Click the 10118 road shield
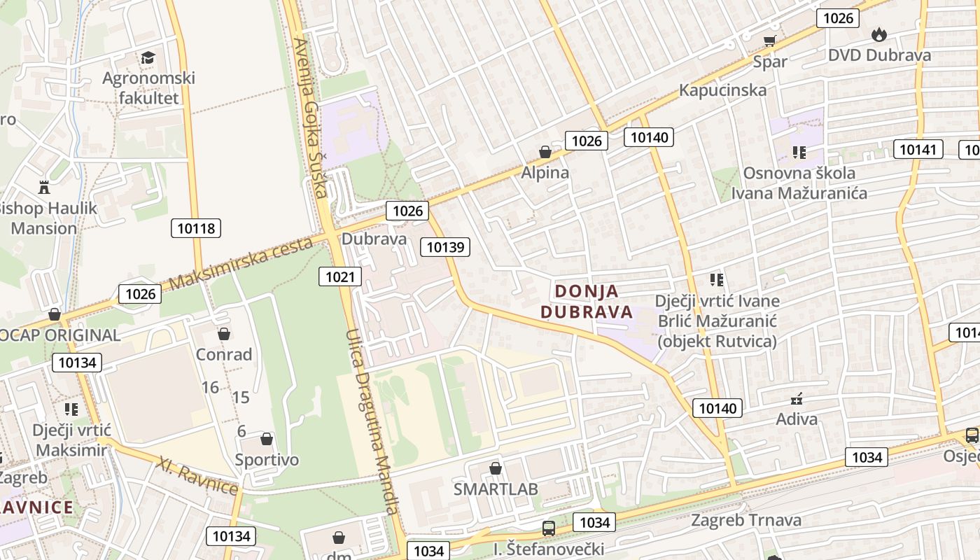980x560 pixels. click(x=196, y=227)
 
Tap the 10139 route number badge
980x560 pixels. click(x=445, y=246)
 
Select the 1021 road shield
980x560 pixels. click(x=340, y=276)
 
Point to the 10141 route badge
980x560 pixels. click(x=918, y=149)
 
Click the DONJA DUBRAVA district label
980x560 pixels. click(x=587, y=302)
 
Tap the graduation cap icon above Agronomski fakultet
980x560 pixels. click(x=148, y=57)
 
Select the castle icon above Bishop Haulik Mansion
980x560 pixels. click(x=44, y=187)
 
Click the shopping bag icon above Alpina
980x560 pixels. click(x=545, y=152)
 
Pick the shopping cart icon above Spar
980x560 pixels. click(x=770, y=41)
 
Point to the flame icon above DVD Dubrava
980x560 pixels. click(x=878, y=34)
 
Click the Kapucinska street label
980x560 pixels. click(x=723, y=90)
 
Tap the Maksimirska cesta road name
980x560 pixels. click(x=241, y=263)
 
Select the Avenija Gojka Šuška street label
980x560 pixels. click(x=311, y=118)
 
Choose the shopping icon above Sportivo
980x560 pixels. click(x=266, y=439)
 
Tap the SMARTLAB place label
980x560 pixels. click(x=496, y=489)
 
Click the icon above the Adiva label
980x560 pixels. click(x=797, y=399)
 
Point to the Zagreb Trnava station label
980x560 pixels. click(x=746, y=520)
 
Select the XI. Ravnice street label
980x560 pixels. click(x=198, y=475)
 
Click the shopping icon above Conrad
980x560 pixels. click(x=224, y=334)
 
